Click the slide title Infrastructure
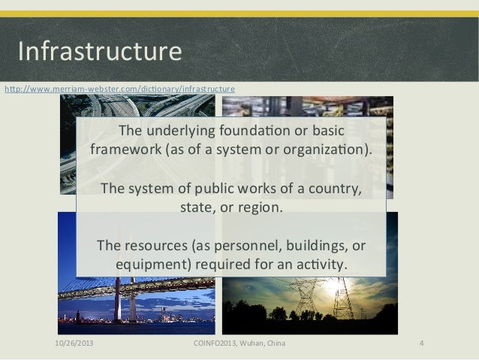point(100,52)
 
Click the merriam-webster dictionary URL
point(120,89)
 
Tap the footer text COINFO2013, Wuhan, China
point(239,344)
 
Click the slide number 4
point(422,344)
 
